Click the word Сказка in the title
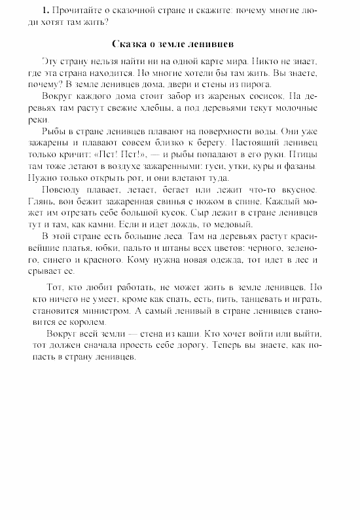pos(128,45)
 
